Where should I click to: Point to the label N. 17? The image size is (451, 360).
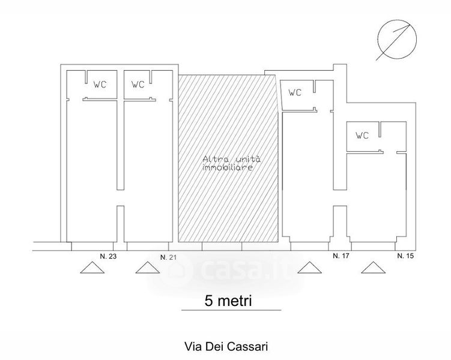click(341, 256)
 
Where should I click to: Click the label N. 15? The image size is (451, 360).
click(407, 256)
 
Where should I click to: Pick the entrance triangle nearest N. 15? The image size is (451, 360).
click(374, 268)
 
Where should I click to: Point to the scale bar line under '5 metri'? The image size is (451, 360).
click(231, 310)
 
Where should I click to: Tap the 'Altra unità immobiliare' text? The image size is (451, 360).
click(227, 164)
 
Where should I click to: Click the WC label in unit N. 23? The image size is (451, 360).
click(100, 85)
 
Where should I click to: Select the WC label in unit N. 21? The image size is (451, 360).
click(138, 85)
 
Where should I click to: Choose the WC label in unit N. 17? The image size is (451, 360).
click(295, 92)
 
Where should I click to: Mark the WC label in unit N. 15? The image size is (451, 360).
click(362, 136)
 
